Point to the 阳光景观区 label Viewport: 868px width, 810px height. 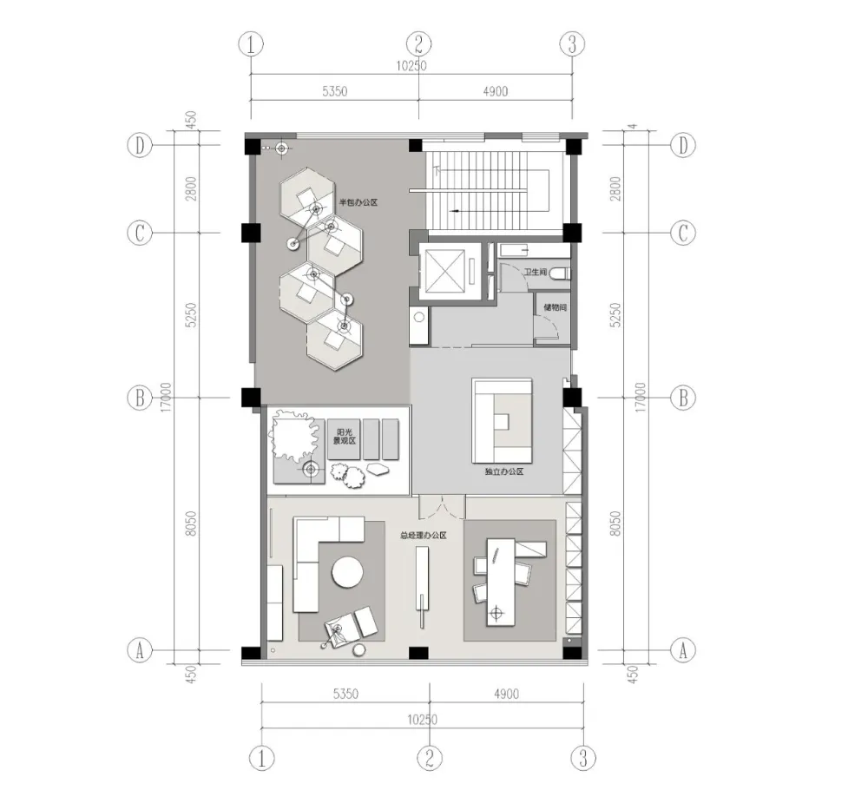pos(345,435)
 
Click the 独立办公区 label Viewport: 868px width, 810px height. pos(503,471)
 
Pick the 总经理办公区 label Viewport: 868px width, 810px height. pos(423,536)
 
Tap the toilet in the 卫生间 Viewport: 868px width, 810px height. pos(562,272)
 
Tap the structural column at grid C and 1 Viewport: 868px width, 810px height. pos(250,233)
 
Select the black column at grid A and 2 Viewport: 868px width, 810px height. pos(418,652)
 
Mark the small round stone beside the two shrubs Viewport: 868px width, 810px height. pos(379,470)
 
